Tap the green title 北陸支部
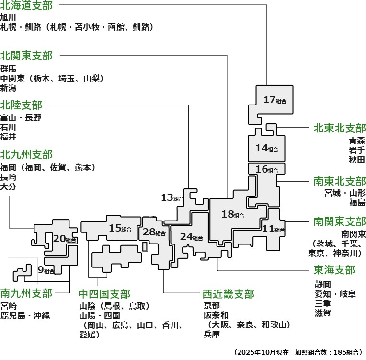pos(21,105)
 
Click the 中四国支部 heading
pos(104,293)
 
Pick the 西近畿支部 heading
pos(228,293)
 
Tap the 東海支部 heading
pos(334,270)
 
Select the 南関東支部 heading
pos(340,221)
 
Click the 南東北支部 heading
pos(340,181)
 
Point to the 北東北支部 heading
pos(340,128)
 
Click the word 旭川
pos(9,17)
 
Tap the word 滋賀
pos(323,313)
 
